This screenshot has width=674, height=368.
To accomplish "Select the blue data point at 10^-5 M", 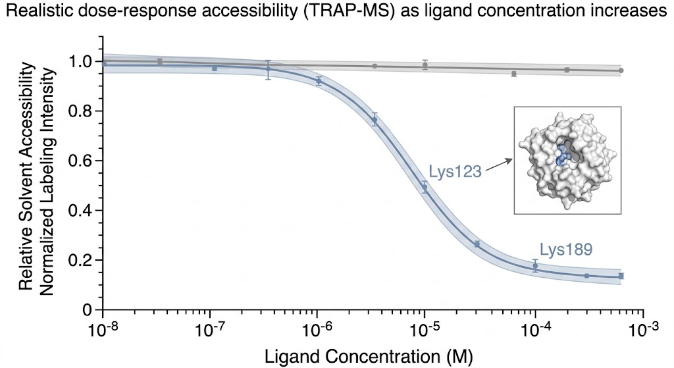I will pos(425,188).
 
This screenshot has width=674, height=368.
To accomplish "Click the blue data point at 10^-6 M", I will pos(319,82).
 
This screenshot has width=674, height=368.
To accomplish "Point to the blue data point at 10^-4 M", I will pos(535,266).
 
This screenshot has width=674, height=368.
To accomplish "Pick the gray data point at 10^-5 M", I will pos(425,65).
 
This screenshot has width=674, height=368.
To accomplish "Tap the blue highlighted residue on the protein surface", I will pos(561,155).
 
